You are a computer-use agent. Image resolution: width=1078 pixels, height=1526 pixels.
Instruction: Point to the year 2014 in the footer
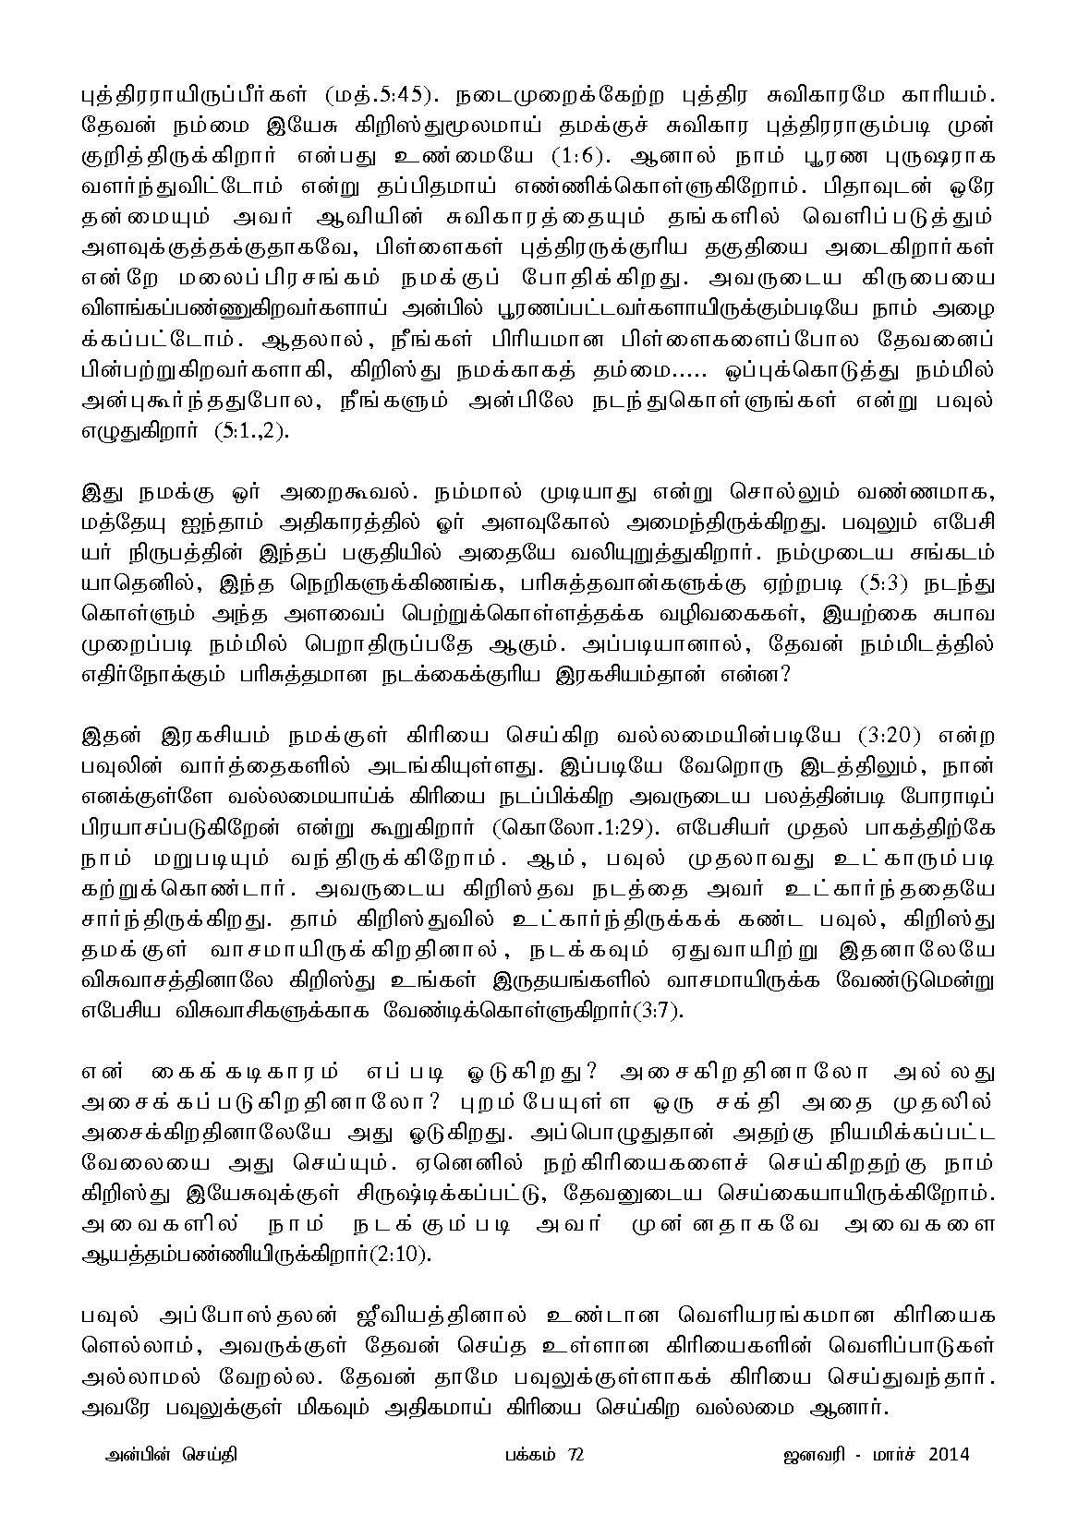coord(944,1456)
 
